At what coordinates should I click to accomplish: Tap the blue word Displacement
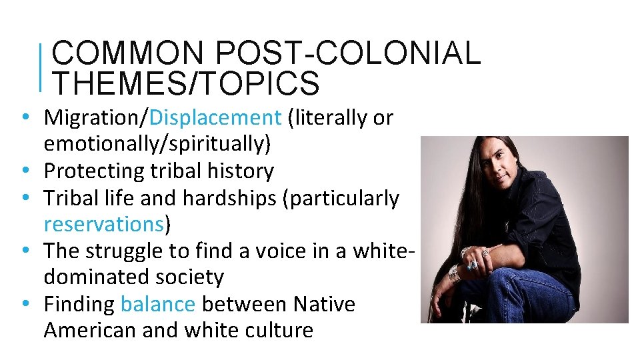click(x=216, y=118)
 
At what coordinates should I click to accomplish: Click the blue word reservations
click(x=103, y=225)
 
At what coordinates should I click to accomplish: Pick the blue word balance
click(x=158, y=305)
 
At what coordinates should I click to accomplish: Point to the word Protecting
click(x=93, y=171)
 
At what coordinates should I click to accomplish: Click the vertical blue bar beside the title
click(x=42, y=67)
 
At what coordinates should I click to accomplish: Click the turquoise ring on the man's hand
click(x=473, y=265)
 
